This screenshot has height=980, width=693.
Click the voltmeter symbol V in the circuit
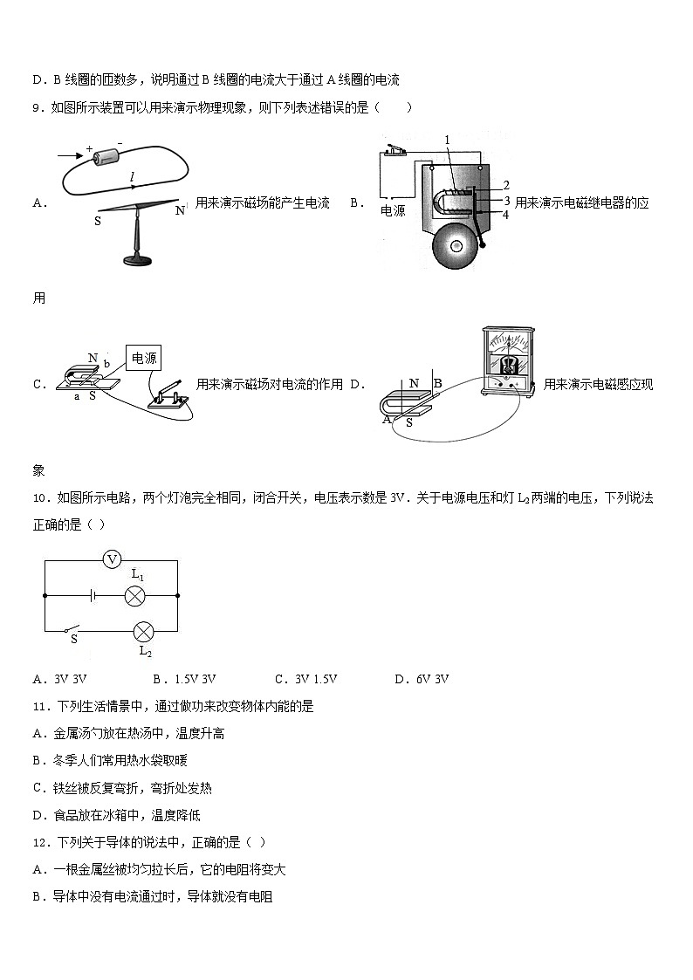[x=111, y=560]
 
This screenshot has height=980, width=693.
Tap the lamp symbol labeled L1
[x=135, y=596]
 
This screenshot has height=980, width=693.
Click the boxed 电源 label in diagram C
[x=144, y=359]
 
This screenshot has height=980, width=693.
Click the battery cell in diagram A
[x=110, y=156]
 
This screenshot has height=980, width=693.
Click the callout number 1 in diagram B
[x=447, y=140]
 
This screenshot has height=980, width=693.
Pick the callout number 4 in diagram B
[x=505, y=215]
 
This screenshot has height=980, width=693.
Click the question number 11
[x=39, y=706]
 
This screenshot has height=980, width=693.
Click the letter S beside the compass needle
[x=98, y=222]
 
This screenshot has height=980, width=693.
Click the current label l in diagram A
[x=132, y=178]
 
